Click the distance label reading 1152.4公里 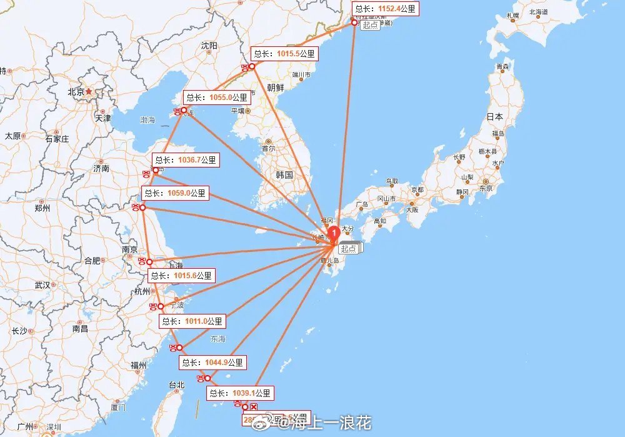pos(384,9)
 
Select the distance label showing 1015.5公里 pos(285,54)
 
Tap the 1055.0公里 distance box pos(216,98)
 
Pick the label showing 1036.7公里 pos(186,160)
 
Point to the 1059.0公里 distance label pos(174,193)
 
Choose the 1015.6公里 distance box pos(181,275)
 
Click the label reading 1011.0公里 pos(192,321)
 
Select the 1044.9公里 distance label pos(212,362)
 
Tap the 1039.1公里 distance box pos(240,393)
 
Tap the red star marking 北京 pos(89,91)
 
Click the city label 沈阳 pos(209,46)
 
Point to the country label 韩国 pos(284,175)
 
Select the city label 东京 pos(486,188)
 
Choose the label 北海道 pos(537,12)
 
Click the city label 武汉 pos(42,285)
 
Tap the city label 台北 pos(176,384)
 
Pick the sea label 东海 pos(218,339)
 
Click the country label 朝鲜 pos(275,88)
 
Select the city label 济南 pos(101,168)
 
